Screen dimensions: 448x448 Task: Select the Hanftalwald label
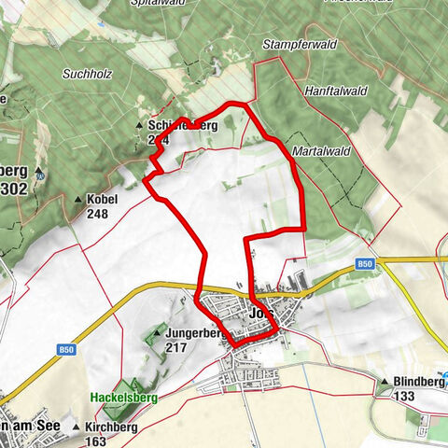pyautogui.click(x=331, y=91)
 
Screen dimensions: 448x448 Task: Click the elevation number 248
pyautogui.click(x=97, y=214)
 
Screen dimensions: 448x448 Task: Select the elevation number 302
pyautogui.click(x=15, y=188)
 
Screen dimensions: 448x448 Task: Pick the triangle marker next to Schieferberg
pyautogui.click(x=140, y=125)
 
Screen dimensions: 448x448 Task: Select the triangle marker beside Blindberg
pyautogui.click(x=384, y=382)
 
